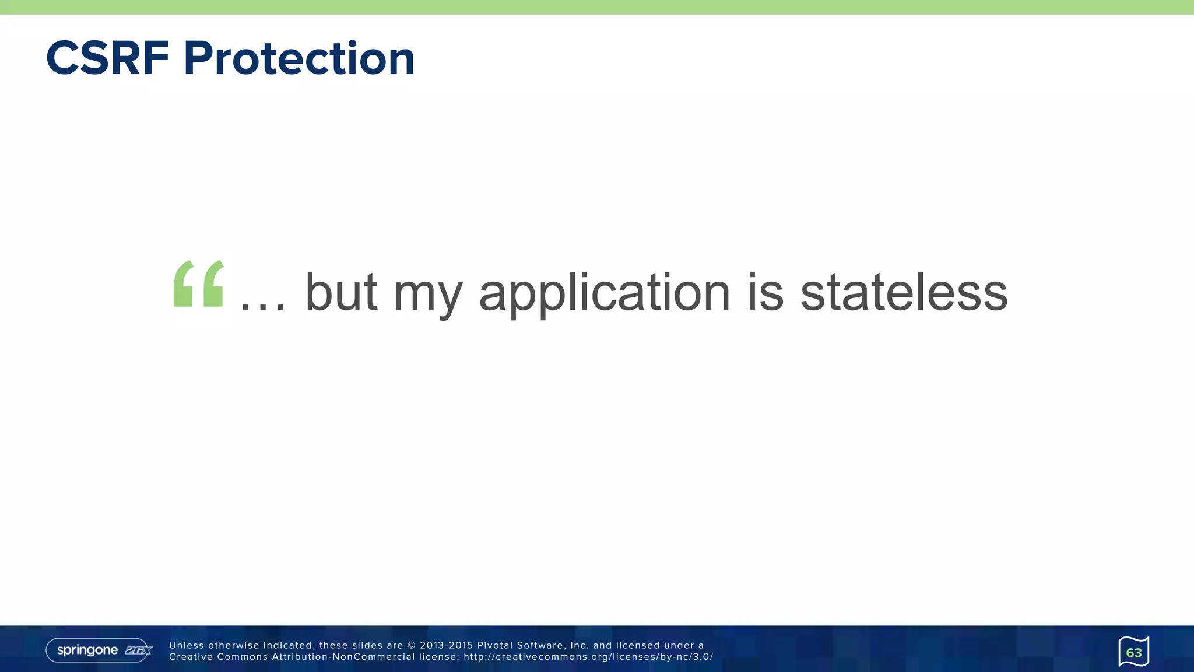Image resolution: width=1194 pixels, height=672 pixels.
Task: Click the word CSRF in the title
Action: [107, 58]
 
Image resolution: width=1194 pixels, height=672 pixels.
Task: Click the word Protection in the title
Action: [298, 58]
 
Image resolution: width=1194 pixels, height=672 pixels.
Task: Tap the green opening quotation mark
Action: [198, 283]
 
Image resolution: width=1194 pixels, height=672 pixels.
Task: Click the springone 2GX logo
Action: [99, 650]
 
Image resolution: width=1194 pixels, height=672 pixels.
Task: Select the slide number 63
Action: [1133, 652]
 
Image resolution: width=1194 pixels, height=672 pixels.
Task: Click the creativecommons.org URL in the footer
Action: [588, 657]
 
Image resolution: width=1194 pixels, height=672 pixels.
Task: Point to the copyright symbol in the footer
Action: [412, 645]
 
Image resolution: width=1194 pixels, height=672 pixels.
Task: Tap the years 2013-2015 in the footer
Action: [446, 645]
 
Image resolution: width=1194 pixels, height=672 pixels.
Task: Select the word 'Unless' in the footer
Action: [186, 645]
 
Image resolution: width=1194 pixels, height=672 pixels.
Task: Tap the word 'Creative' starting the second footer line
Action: [190, 657]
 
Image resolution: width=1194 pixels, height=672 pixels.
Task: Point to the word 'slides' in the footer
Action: [367, 645]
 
